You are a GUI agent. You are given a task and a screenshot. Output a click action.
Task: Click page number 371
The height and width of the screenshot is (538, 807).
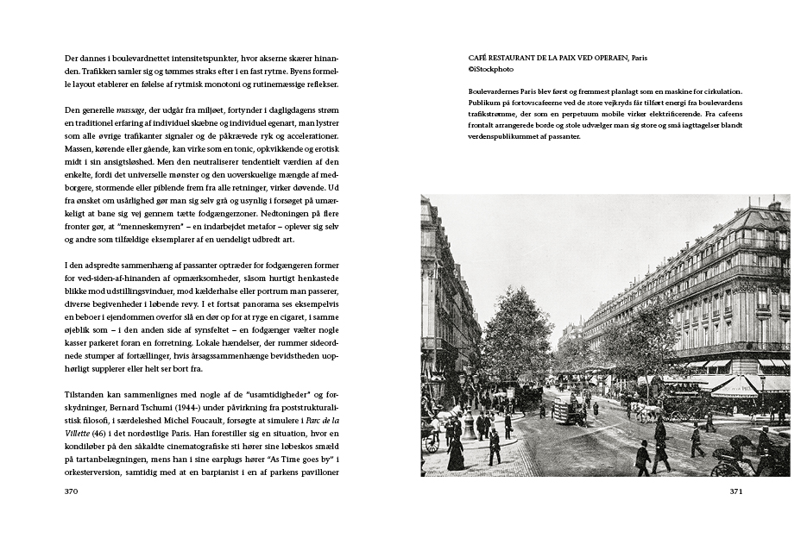point(735,491)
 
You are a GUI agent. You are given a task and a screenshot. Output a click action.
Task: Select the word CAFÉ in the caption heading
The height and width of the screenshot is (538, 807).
point(478,57)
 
